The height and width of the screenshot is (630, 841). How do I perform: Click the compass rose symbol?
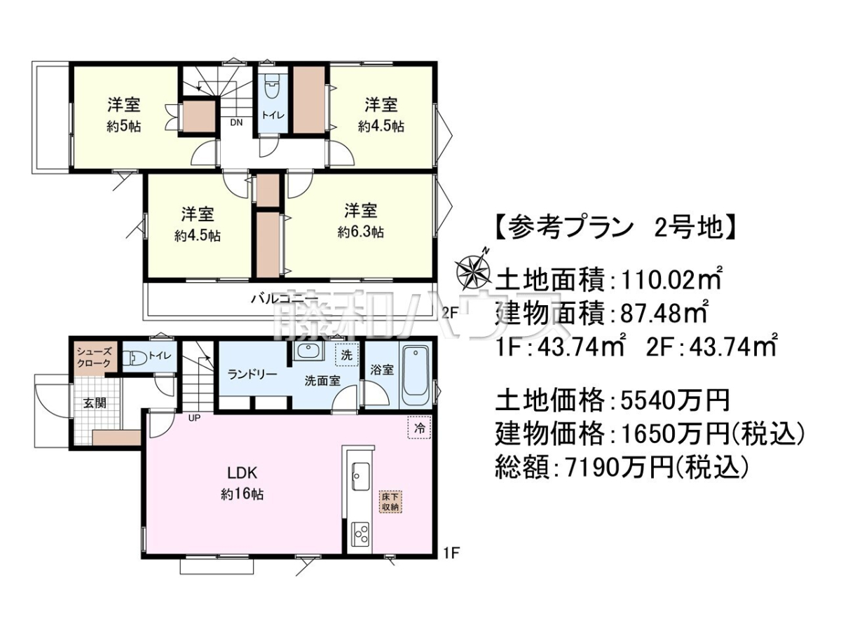click(474, 272)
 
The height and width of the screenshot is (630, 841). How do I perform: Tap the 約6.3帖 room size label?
click(360, 232)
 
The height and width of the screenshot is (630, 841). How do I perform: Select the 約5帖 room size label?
click(124, 126)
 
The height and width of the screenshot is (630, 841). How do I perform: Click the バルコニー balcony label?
click(285, 298)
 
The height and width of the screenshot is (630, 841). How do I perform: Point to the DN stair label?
click(236, 122)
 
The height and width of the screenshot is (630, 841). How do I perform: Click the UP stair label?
click(194, 418)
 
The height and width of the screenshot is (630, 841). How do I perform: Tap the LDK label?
click(242, 473)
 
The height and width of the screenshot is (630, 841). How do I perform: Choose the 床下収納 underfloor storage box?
click(390, 502)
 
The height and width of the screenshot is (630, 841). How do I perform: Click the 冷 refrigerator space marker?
click(420, 428)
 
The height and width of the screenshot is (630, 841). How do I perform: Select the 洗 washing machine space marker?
click(346, 355)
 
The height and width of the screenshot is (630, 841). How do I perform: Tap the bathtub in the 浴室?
click(416, 376)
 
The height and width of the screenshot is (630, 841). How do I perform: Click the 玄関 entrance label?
click(95, 402)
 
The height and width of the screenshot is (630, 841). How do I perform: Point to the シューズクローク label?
click(94, 357)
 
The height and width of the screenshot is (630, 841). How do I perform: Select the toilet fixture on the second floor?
click(273, 89)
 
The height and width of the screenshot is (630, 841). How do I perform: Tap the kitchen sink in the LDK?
click(360, 476)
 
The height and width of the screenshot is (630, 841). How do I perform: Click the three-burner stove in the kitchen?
click(360, 532)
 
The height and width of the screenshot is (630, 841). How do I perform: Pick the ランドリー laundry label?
click(252, 374)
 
